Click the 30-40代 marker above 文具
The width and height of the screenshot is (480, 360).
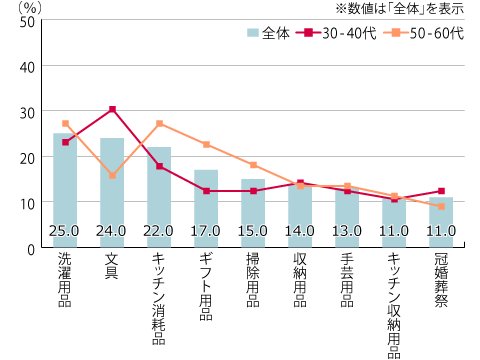pyautogui.click(x=112, y=109)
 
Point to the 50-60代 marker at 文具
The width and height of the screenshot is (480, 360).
pyautogui.click(x=112, y=175)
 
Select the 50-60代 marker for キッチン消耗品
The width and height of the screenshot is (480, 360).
pyautogui.click(x=159, y=124)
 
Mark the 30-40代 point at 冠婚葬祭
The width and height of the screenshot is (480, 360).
pyautogui.click(x=441, y=191)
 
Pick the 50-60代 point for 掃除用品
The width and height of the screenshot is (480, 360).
pyautogui.click(x=253, y=165)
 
